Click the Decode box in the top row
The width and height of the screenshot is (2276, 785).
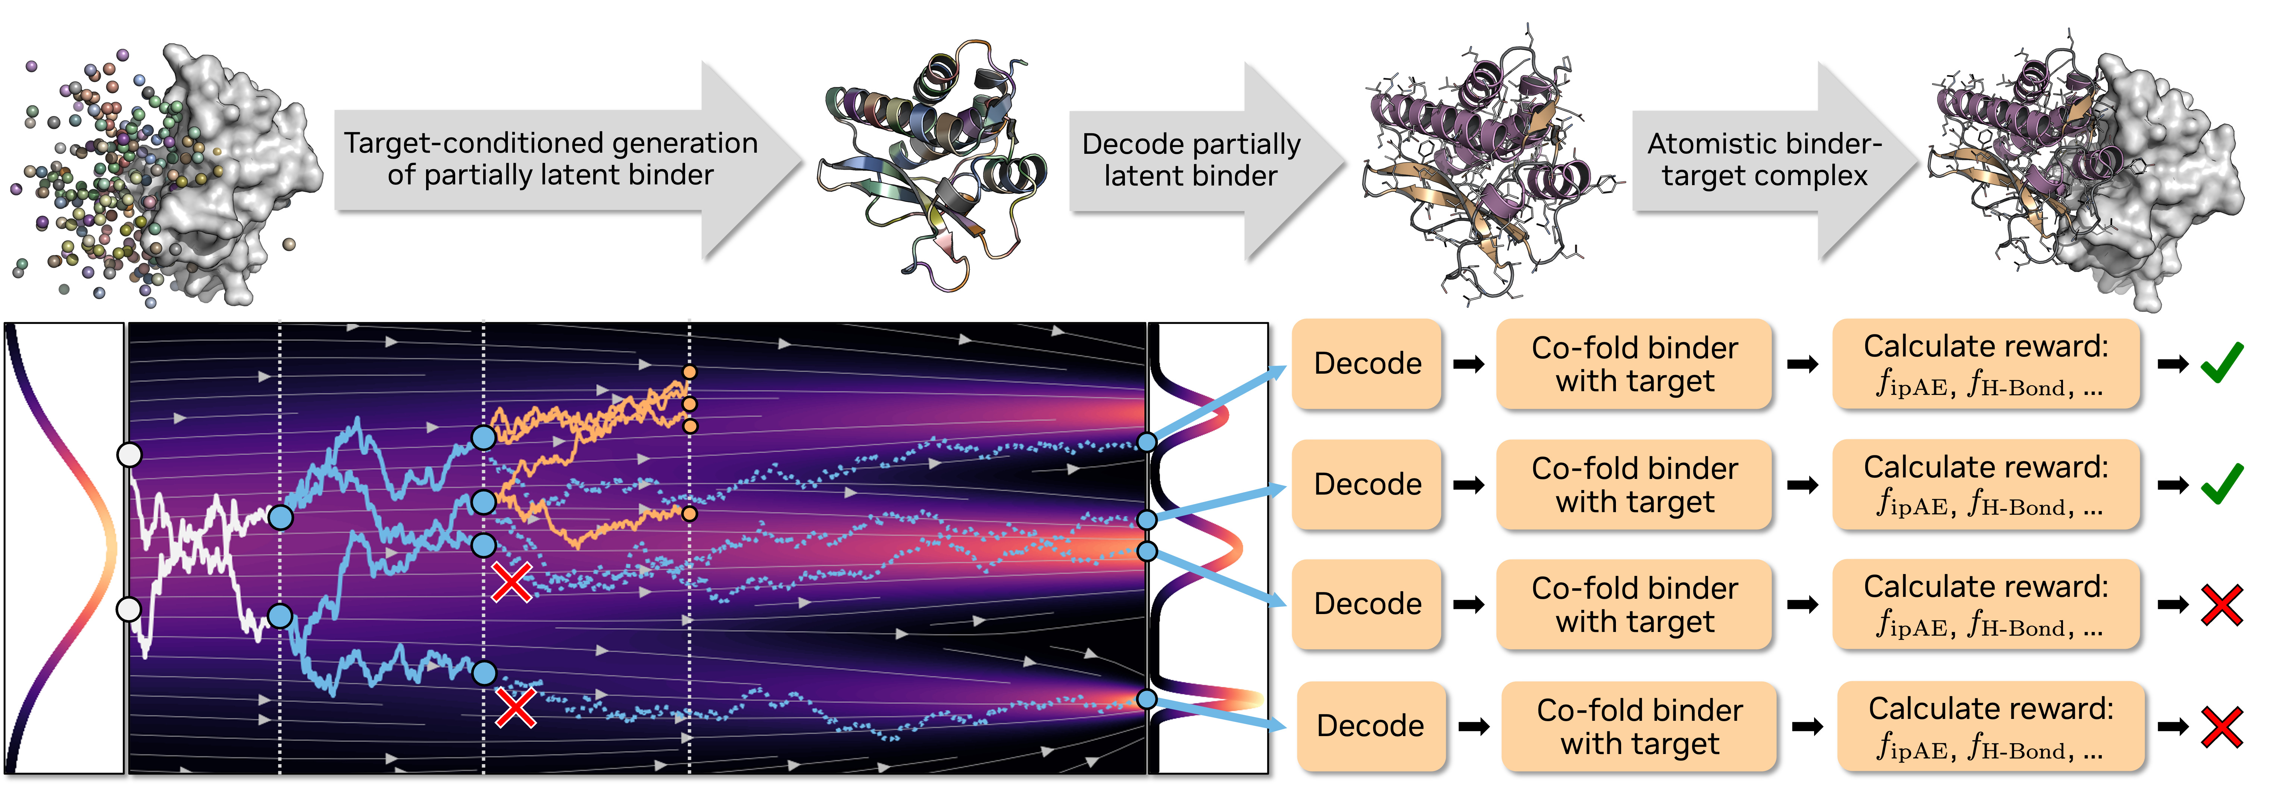[x=1367, y=363]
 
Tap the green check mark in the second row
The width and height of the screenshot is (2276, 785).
[x=2221, y=483]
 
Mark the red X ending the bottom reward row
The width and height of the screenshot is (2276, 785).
[x=2221, y=727]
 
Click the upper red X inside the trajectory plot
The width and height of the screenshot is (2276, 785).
[x=512, y=583]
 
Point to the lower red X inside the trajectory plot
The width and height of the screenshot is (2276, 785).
[x=515, y=708]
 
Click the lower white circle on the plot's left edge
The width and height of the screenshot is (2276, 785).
[x=129, y=609]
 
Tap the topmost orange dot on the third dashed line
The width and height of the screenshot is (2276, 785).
[x=689, y=372]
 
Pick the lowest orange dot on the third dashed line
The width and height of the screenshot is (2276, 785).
[x=689, y=514]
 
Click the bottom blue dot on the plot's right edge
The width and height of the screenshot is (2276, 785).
[x=1146, y=699]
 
